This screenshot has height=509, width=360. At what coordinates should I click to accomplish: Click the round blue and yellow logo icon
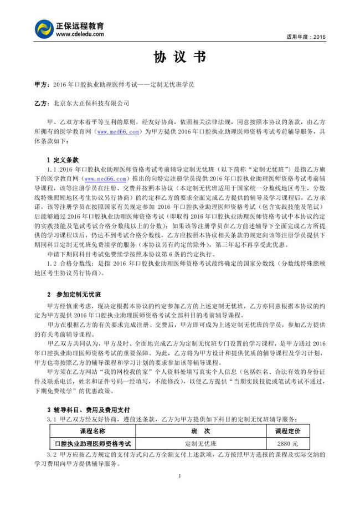(44, 29)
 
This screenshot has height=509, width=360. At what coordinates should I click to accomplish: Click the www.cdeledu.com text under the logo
(80, 34)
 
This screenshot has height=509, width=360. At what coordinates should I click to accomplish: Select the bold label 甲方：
(41, 85)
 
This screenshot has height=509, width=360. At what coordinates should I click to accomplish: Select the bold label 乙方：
(41, 103)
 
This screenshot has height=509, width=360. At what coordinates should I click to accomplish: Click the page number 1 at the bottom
(180, 476)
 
